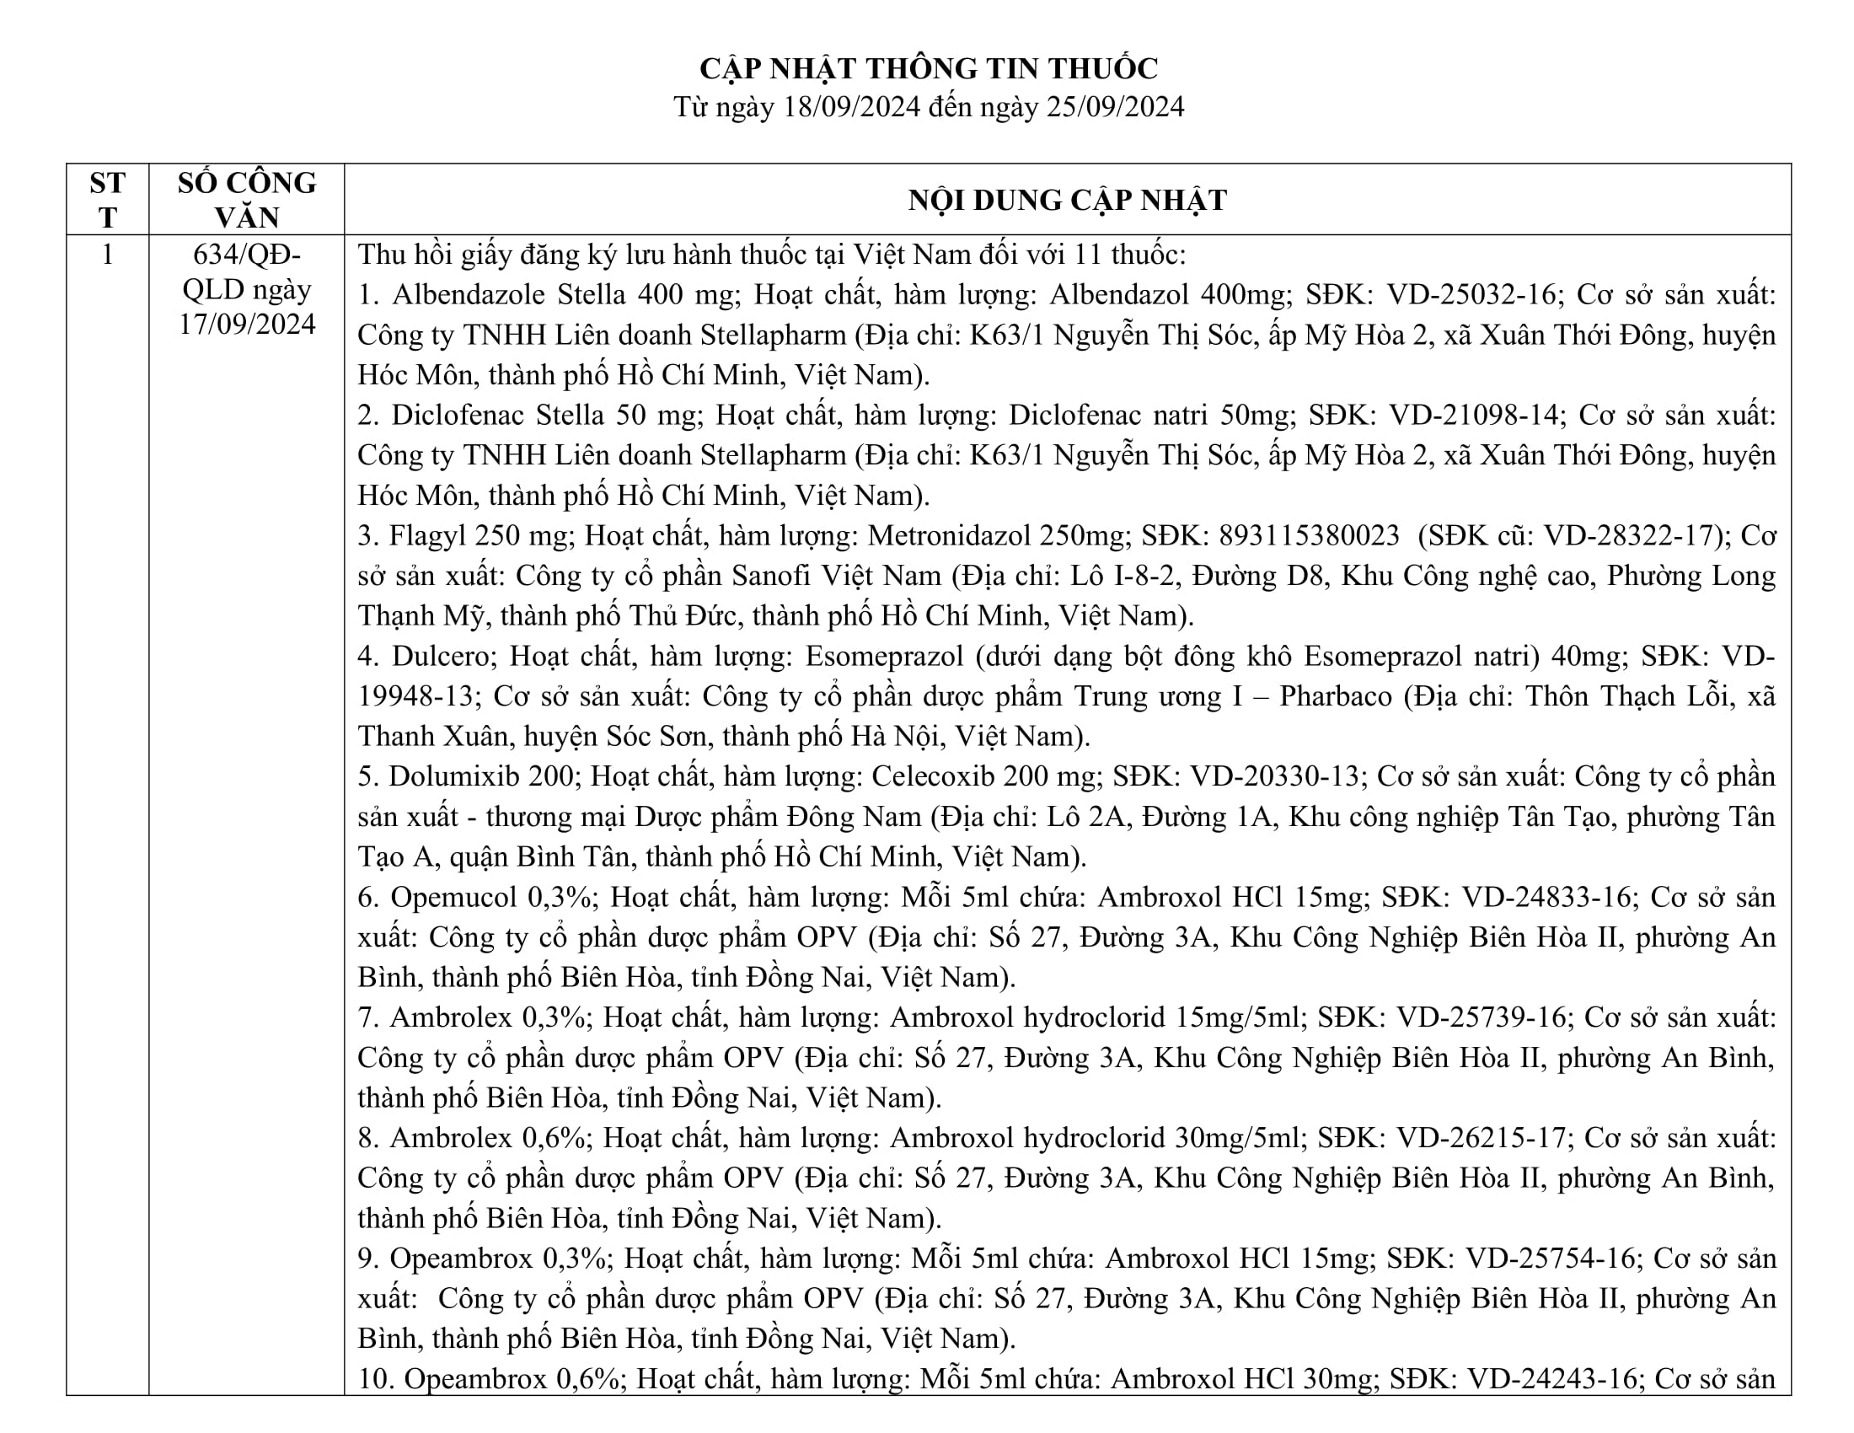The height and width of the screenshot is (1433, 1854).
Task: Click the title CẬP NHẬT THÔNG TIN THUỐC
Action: [x=928, y=68]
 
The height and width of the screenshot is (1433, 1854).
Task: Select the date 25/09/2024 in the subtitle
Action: [x=1116, y=107]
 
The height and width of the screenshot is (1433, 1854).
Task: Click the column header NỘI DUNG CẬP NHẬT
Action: [x=1067, y=201]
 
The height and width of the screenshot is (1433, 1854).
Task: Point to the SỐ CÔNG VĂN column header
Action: [x=246, y=200]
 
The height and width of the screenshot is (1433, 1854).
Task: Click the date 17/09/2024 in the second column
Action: [x=246, y=325]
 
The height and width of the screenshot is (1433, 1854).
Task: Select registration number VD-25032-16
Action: [x=1473, y=294]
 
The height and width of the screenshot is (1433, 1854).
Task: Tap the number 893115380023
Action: [x=1309, y=535]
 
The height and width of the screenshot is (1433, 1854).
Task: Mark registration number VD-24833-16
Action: [x=1546, y=898]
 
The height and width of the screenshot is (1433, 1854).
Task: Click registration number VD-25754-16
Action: [x=1550, y=1259]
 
